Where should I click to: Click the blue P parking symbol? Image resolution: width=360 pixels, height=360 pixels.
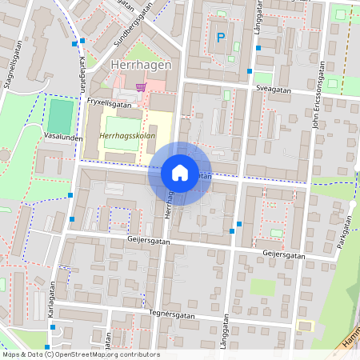pos(221,38)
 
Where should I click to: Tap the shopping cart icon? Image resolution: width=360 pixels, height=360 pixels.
pos(141,86)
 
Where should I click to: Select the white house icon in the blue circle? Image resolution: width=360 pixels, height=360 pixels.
pos(180,173)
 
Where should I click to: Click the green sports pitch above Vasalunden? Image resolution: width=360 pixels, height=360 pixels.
pos(60,115)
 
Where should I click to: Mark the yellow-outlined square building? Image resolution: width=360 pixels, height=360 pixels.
pos(305,325)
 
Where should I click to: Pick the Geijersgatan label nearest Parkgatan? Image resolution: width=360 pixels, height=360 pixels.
pos(284,254)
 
